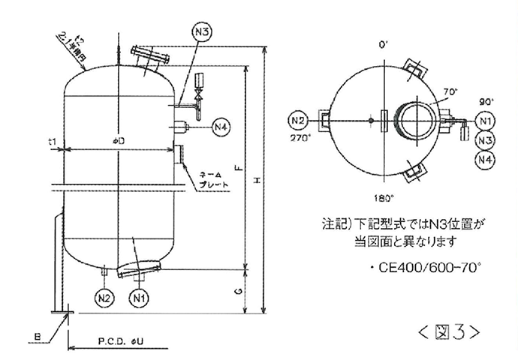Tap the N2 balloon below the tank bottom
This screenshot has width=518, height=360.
point(104,298)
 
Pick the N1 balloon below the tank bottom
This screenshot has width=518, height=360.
point(138,298)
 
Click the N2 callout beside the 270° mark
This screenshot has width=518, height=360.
point(297,120)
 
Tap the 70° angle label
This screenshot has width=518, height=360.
point(450,91)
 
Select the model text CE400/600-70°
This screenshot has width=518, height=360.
point(427,268)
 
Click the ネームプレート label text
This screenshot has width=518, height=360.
point(211,181)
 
